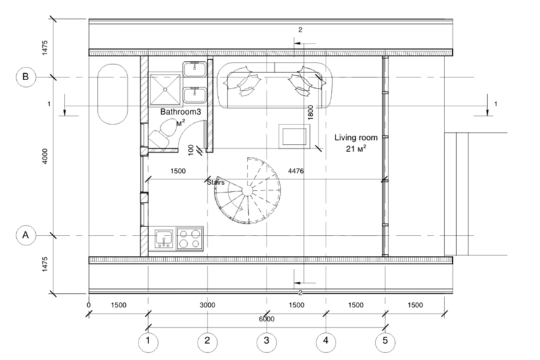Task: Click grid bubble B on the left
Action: [x=26, y=77]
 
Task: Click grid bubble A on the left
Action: [x=26, y=236]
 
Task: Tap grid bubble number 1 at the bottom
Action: [x=148, y=342]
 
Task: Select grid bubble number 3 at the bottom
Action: [x=266, y=342]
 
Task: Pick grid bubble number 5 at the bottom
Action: [x=385, y=342]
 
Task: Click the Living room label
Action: [x=356, y=138]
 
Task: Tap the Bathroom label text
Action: [x=181, y=112]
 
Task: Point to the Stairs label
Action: [x=216, y=182]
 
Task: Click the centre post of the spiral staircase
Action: [x=247, y=191]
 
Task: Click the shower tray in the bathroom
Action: [x=165, y=89]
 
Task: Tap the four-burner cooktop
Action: [x=189, y=239]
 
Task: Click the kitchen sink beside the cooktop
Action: [x=164, y=239]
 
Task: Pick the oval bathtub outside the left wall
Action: [x=112, y=94]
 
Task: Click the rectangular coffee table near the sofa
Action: [x=294, y=136]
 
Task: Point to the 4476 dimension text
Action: [x=296, y=171]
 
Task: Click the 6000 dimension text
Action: [x=266, y=319]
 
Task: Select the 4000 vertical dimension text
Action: [x=45, y=156]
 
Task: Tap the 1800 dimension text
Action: [x=310, y=112]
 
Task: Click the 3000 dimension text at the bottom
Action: [x=207, y=305]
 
